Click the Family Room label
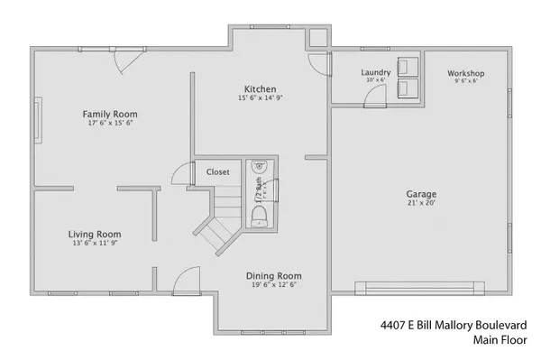(110, 114)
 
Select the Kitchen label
(259, 88)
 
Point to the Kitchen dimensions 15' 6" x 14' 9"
(259, 98)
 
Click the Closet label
(218, 171)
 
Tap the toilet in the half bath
(259, 213)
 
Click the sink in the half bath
(259, 166)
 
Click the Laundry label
(374, 72)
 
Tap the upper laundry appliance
(408, 66)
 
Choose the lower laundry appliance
(408, 88)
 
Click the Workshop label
(466, 73)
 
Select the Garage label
(421, 194)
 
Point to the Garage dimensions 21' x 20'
(421, 204)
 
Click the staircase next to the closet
(216, 217)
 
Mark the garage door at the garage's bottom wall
(422, 289)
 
